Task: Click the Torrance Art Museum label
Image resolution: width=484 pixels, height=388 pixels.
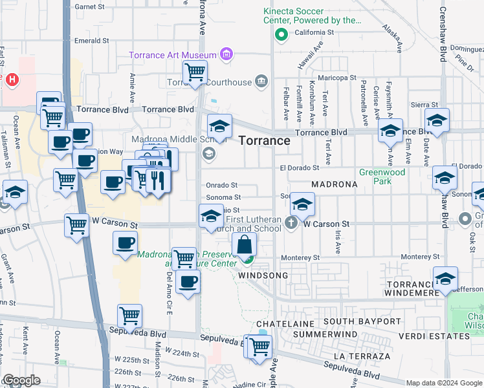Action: [173, 54]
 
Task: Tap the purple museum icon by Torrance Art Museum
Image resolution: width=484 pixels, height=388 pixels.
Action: [226, 54]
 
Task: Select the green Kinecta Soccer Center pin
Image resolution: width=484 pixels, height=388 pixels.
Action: [281, 35]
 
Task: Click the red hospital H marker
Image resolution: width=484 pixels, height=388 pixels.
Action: [11, 80]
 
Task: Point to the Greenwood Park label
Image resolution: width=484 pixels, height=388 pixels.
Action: [382, 177]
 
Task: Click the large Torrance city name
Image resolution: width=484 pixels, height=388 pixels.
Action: [264, 140]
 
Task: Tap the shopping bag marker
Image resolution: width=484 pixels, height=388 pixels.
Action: [245, 245]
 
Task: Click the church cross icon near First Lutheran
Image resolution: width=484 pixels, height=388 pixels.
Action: [291, 224]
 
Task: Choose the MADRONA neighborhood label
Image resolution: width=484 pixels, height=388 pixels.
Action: [335, 184]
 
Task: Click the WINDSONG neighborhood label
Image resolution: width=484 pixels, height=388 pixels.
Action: [263, 275]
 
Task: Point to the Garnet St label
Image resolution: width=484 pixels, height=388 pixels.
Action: [89, 6]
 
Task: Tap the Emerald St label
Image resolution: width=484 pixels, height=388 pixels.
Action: [91, 40]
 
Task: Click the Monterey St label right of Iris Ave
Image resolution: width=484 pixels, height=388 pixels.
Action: [421, 257]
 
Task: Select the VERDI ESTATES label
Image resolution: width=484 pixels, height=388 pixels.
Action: [441, 337]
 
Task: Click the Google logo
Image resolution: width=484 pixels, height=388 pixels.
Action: [21, 380]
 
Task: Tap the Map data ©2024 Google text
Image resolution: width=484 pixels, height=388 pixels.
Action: [443, 383]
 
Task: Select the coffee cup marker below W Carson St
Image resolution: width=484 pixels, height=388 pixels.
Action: [125, 243]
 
